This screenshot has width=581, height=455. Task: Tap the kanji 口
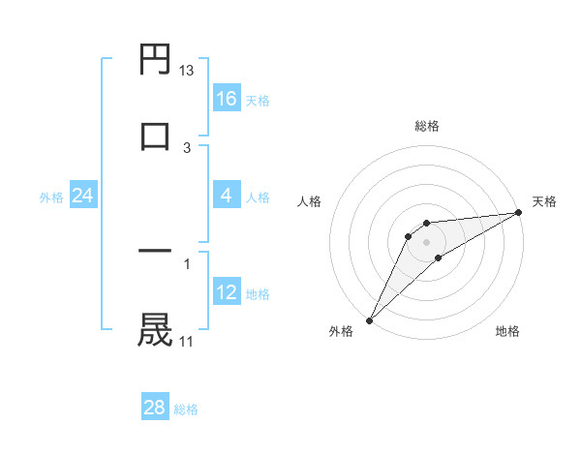coord(156,135)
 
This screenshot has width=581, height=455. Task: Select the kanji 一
coord(156,253)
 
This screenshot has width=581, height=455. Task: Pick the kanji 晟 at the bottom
coord(156,328)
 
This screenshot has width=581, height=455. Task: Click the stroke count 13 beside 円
coord(187,71)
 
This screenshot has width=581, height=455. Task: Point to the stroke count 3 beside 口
coord(187,147)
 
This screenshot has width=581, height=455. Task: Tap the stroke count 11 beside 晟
coord(187,341)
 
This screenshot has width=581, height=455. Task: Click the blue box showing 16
coord(227,99)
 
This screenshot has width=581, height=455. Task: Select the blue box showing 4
coord(227,197)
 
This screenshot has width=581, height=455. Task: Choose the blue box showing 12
coord(227,292)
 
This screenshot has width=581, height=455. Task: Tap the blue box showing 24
coord(83,197)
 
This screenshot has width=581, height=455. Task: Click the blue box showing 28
coord(155,408)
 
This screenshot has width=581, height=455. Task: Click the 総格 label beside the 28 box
coord(187,409)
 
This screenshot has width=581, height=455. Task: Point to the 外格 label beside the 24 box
coord(51,197)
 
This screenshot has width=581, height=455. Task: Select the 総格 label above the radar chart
coord(427,126)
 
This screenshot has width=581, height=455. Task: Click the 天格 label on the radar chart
coord(544,201)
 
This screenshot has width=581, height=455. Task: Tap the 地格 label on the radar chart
coord(507,331)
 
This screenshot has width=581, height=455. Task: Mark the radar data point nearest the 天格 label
coord(519,212)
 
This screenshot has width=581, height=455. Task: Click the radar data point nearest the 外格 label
coord(369,319)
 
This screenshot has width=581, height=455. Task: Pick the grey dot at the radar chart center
coord(427,241)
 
